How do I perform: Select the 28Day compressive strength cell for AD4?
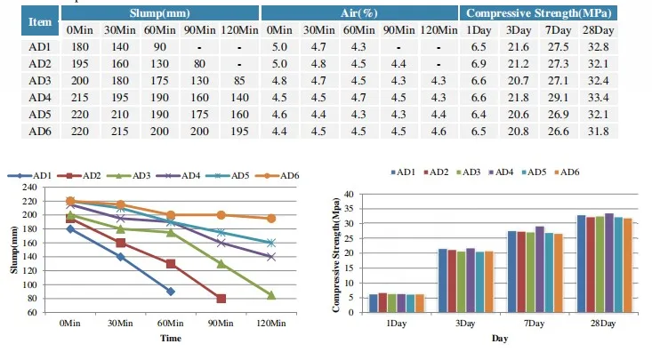coord(622,97)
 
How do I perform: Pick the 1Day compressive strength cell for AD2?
coord(478,63)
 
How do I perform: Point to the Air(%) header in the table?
coord(359,13)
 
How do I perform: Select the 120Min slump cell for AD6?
coord(238,131)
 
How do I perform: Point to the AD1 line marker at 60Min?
coord(170,292)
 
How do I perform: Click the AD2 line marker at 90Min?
coord(221,299)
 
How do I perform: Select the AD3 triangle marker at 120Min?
coord(270,295)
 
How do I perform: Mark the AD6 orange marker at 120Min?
coord(270,218)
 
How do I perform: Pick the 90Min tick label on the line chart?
coord(221,324)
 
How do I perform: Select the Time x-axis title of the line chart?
coord(170,339)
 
